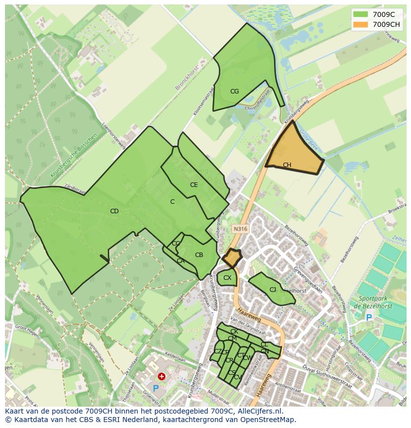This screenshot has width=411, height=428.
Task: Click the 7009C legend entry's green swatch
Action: coord(361,15)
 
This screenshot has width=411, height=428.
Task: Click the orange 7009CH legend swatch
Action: coord(361,24)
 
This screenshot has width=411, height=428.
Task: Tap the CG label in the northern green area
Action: coord(234,91)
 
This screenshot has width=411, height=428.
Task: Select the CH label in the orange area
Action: coord(287,165)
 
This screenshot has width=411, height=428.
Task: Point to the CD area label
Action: coord(114,211)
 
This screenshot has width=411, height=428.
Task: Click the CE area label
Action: coord(194,185)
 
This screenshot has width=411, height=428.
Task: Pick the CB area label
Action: coord(199,255)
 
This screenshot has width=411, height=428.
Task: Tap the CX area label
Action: coord(227,278)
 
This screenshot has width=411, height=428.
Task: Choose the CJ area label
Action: coord(273,290)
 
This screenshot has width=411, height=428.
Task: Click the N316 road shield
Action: coord(240,229)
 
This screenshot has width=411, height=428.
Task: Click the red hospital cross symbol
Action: coord(161,377)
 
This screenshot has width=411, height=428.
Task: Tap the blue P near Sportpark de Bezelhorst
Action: coord(368,317)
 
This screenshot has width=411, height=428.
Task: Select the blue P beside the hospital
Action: coord(155,388)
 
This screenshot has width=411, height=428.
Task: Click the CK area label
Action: coord(234,332)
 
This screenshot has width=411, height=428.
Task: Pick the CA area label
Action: coord(180,261)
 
